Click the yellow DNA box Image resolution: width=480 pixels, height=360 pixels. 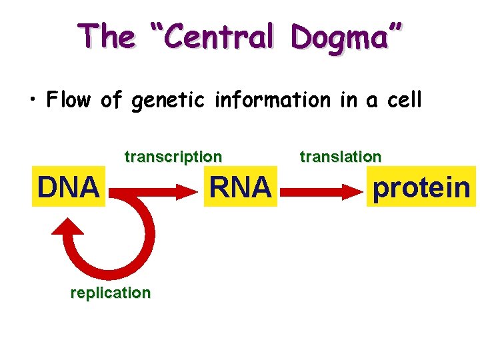tap(68, 187)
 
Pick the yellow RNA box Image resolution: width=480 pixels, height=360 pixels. tap(240, 187)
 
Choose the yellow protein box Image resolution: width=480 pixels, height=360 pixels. tap(421, 187)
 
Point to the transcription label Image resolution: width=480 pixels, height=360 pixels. tap(173, 157)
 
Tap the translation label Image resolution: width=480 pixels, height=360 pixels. tap(341, 157)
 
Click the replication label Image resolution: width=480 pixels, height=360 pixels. tap(111, 293)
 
